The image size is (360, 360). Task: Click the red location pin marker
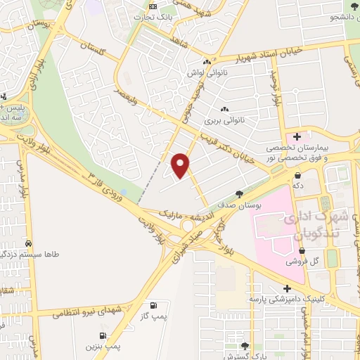tap(181, 165)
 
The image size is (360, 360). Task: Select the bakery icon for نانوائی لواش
tap(206, 62)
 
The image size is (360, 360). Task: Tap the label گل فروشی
tap(304, 261)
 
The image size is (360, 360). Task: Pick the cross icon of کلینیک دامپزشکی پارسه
tap(286, 288)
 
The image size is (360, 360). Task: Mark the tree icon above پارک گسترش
tap(245, 346)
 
